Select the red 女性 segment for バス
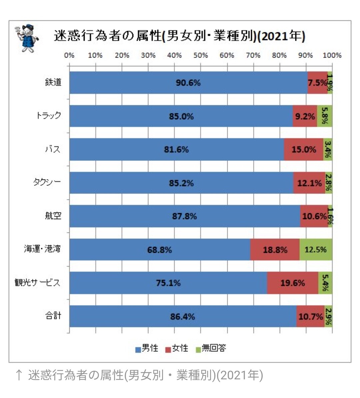tap(303, 150)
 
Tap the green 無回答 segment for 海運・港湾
tap(315, 249)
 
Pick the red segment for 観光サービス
tap(292, 283)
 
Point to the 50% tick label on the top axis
tap(201, 55)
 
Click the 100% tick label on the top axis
tap(332, 55)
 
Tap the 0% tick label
tap(69, 55)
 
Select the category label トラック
tap(49, 116)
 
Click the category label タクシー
tap(47, 182)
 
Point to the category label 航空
tap(53, 215)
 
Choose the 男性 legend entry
tap(147, 348)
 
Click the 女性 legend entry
tap(176, 348)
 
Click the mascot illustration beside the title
tap(27, 37)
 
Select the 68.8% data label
tap(159, 249)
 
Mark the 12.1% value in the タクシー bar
tap(309, 183)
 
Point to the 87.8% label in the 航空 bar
tap(184, 216)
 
